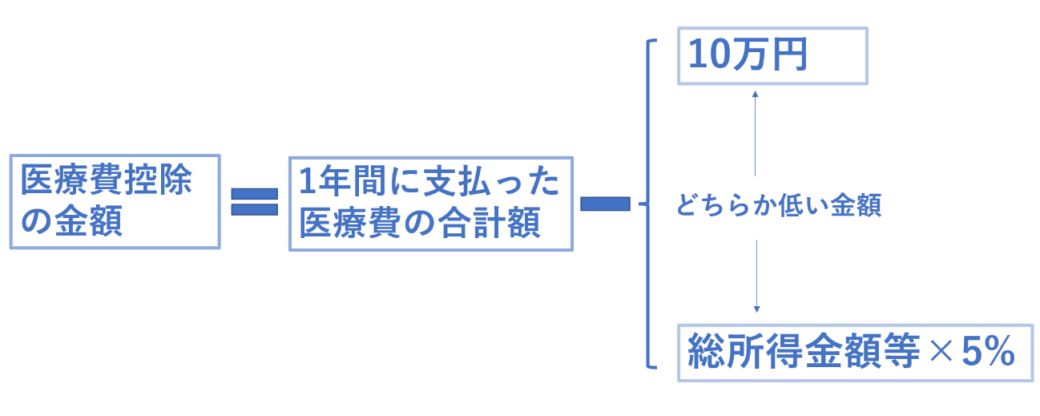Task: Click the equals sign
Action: (x=255, y=201)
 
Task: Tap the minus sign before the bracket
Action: (x=606, y=204)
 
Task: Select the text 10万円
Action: (x=748, y=55)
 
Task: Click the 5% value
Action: (x=988, y=351)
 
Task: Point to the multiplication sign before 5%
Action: (x=941, y=351)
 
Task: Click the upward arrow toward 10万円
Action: (x=755, y=133)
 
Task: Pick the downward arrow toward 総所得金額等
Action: (x=757, y=277)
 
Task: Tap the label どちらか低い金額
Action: (x=779, y=205)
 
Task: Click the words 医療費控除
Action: (x=107, y=180)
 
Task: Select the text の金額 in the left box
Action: (x=71, y=220)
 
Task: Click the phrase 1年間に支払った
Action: (x=429, y=181)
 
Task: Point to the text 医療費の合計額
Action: (x=420, y=223)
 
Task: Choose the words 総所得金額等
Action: (x=804, y=351)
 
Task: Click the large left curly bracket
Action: (x=648, y=204)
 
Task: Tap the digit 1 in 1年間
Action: (x=308, y=181)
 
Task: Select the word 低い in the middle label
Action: (x=803, y=205)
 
